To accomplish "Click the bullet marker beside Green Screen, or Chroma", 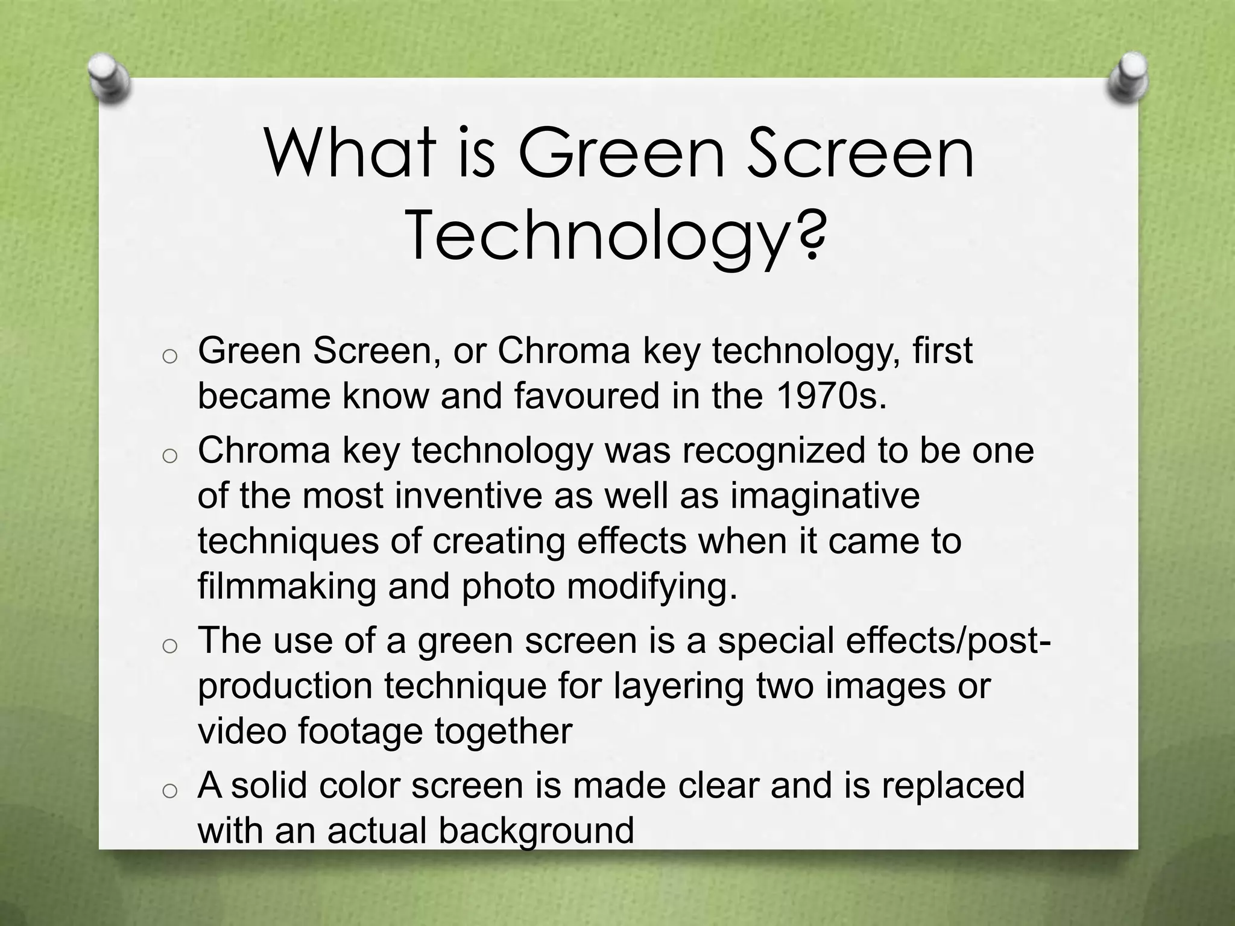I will [x=169, y=357].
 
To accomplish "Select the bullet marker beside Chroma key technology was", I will [x=169, y=456].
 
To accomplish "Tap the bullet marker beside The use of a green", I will [x=169, y=646].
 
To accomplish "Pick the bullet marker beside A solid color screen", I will [x=169, y=791].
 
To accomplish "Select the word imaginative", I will [x=825, y=496].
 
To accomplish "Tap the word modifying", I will [x=651, y=586].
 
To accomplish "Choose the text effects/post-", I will [x=948, y=640].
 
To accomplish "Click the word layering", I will [x=678, y=685].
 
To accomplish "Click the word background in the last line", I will [x=536, y=830].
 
